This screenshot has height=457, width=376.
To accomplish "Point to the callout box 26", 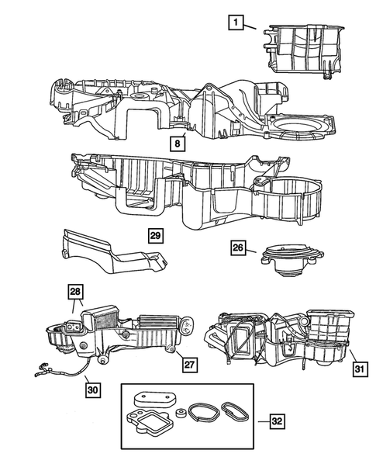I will tap(238, 248).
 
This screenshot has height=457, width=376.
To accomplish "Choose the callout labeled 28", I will tap(74, 293).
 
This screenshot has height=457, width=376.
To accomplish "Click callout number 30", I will tap(93, 389).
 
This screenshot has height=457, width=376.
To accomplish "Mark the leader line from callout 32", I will tap(257, 421).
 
